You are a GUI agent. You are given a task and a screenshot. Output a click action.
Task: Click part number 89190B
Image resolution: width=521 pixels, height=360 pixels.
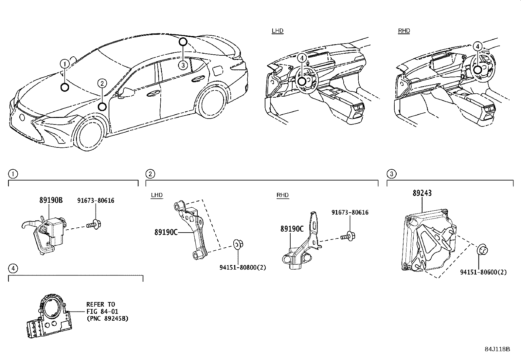[x=51, y=200]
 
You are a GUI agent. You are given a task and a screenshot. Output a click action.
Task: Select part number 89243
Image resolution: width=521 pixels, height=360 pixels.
[x=422, y=193]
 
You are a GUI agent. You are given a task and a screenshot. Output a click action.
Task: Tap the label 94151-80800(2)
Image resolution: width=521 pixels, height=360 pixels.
[x=243, y=267]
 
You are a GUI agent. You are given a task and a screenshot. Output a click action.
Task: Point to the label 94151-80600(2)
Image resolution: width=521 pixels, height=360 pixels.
[x=483, y=272]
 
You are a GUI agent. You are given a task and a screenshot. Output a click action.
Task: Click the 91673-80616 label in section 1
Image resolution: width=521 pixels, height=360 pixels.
[x=96, y=200]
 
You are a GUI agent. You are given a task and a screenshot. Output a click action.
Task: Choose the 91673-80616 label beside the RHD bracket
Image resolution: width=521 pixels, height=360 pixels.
[x=350, y=213]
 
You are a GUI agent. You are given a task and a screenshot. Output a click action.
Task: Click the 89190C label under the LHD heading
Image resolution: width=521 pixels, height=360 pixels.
[x=166, y=232]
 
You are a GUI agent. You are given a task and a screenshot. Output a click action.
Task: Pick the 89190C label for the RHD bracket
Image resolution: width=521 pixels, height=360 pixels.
[x=292, y=229]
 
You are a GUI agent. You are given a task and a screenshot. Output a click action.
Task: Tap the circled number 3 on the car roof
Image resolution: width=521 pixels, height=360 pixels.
[x=183, y=65]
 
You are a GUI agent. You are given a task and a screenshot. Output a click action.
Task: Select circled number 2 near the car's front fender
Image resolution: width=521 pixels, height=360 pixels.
[x=102, y=84]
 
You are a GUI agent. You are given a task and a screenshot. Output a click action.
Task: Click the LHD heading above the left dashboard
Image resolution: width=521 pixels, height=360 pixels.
[x=278, y=31]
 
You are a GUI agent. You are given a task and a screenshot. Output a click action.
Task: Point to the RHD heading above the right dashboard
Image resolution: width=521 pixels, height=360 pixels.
[x=404, y=31]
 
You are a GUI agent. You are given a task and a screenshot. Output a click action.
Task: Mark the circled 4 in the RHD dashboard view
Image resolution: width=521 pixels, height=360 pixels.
[x=478, y=47]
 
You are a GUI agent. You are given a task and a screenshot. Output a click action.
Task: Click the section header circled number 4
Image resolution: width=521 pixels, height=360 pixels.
[x=13, y=269]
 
